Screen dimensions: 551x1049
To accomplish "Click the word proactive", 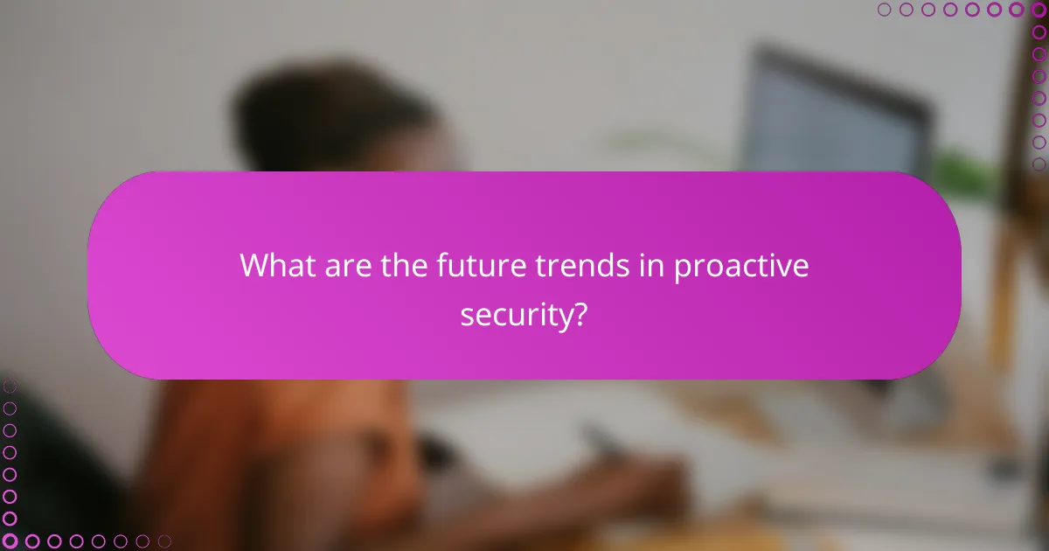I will click(x=741, y=267).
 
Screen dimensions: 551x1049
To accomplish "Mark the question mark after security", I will click(x=579, y=316).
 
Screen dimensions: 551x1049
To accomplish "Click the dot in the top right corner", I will click(x=1039, y=10).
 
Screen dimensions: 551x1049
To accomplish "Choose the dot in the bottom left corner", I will click(x=10, y=541).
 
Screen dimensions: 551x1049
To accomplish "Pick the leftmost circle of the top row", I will click(x=885, y=10).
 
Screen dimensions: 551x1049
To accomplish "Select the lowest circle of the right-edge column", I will click(x=1039, y=164).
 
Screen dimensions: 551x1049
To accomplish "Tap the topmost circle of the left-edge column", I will click(x=10, y=386).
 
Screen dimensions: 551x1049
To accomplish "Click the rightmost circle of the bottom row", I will click(x=164, y=541).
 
